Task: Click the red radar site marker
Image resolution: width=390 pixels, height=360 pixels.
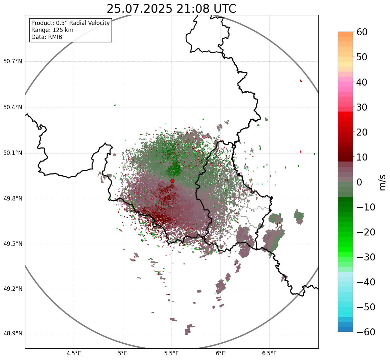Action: [172, 181]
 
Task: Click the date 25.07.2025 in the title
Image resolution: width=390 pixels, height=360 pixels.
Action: [140, 9]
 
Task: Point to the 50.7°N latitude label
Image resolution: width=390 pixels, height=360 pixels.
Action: [13, 62]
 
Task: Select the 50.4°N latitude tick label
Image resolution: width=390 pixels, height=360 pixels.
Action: [13, 108]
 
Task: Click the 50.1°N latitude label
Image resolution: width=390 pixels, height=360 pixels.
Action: [13, 153]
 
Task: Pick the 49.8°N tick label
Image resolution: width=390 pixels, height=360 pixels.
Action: [13, 199]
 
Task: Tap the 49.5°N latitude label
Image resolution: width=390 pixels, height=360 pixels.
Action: [13, 244]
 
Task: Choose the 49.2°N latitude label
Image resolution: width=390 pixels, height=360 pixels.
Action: [13, 289]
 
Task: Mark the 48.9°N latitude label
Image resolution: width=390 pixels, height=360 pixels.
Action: [13, 334]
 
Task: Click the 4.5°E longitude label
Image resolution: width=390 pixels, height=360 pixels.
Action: [74, 353]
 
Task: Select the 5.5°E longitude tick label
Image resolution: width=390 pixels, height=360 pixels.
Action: [172, 353]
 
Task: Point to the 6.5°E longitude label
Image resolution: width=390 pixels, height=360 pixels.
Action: [269, 353]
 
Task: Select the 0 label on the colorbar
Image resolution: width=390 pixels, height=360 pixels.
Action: [359, 182]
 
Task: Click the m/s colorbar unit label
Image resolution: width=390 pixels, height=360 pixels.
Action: [383, 182]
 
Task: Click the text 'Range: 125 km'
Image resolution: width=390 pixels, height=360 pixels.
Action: [52, 30]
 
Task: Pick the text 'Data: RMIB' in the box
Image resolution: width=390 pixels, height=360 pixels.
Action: [47, 37]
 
